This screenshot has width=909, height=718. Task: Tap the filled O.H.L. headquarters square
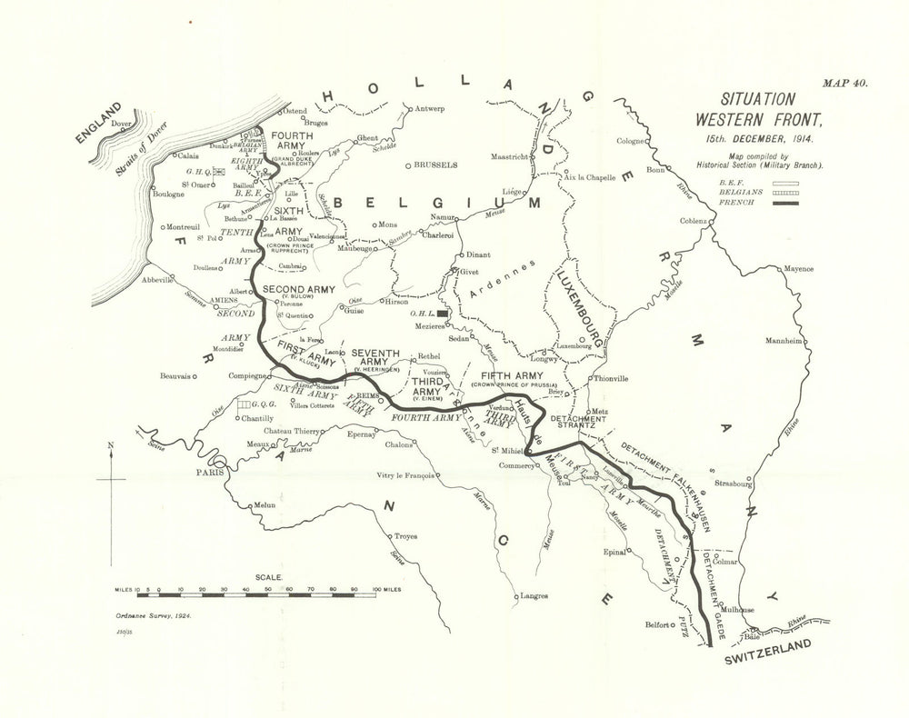444,312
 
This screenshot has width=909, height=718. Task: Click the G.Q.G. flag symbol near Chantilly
243,403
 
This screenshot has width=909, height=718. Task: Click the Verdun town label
502,407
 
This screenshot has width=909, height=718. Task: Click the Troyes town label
406,537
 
